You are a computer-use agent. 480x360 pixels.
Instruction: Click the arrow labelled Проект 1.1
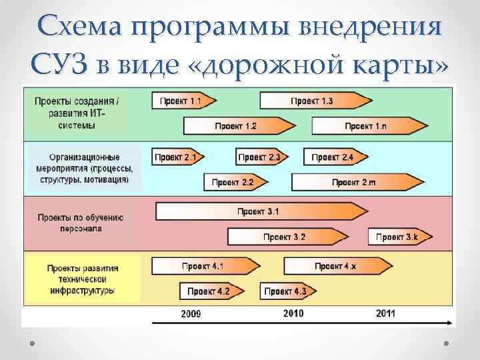(180, 101)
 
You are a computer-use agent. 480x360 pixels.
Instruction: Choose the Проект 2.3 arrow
(261, 157)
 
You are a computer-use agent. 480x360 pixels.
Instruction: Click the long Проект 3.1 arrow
(260, 212)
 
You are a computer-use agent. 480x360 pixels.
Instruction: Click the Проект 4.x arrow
(337, 266)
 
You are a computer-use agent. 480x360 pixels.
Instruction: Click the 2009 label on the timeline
(191, 313)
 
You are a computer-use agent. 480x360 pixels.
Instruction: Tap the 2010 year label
(293, 313)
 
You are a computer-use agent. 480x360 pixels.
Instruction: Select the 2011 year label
(385, 313)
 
